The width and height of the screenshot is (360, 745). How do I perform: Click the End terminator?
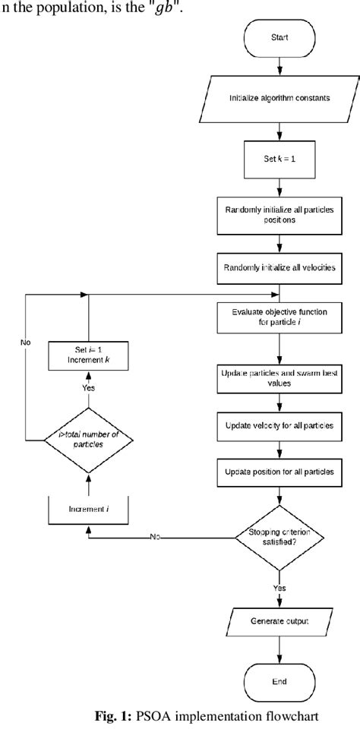[x=280, y=682]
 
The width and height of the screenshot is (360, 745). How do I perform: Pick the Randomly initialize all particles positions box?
[x=280, y=216]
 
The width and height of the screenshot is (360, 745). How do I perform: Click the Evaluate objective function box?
[x=280, y=316]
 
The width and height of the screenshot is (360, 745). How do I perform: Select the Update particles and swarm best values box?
[x=280, y=378]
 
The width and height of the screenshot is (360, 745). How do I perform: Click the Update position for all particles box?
[x=280, y=472]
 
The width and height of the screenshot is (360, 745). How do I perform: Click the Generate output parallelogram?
[x=280, y=621]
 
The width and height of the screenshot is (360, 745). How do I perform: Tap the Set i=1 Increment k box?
[x=90, y=355]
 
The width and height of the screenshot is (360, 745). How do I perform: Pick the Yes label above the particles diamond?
[x=88, y=387]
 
